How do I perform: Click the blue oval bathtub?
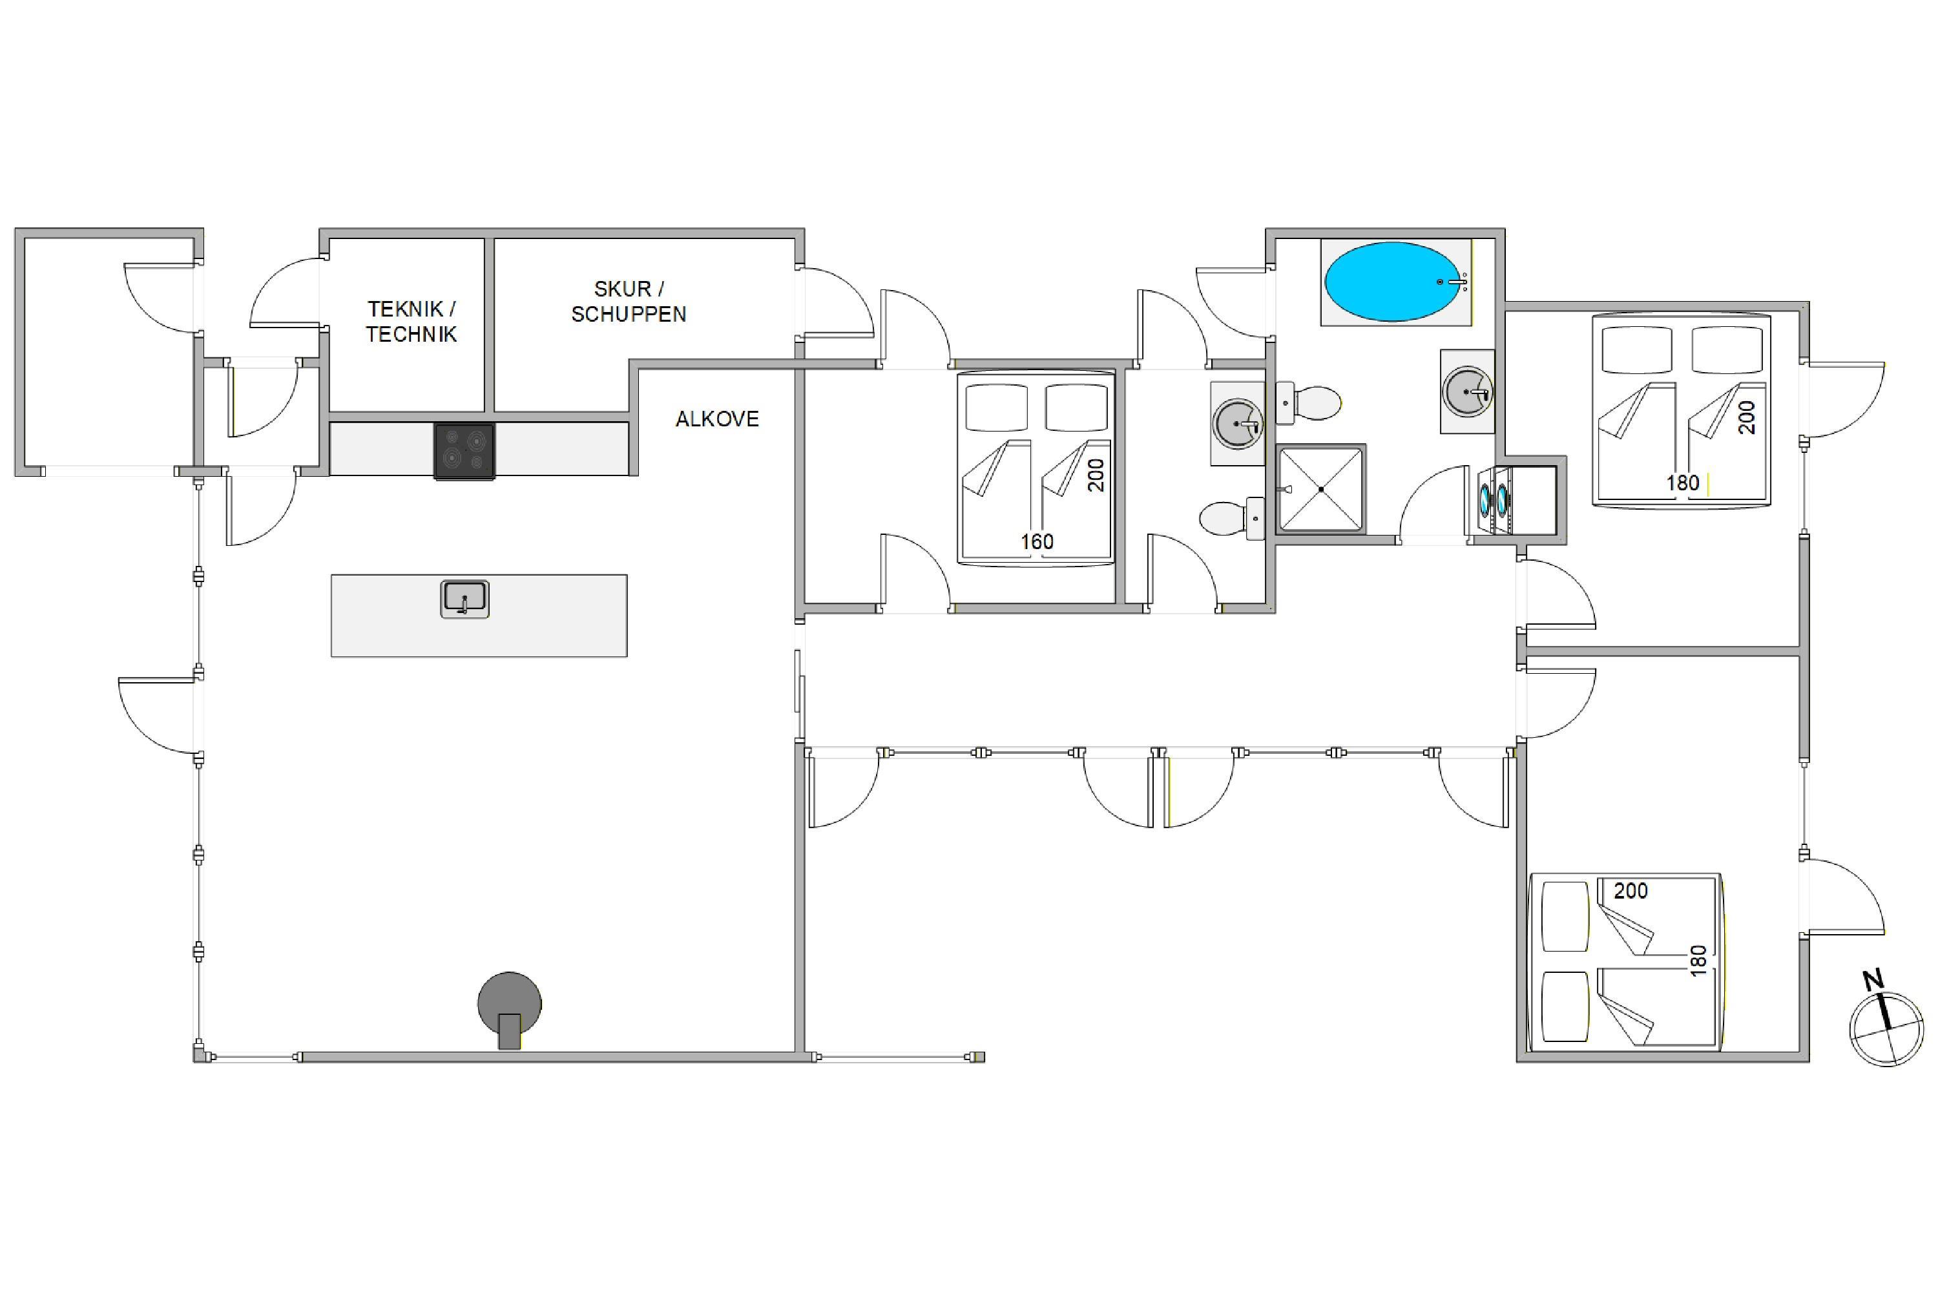(x=1393, y=282)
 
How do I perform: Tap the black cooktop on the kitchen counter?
(x=464, y=451)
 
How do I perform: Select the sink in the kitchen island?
(x=464, y=599)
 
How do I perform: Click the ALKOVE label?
(x=717, y=419)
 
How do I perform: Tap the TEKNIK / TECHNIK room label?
(x=411, y=321)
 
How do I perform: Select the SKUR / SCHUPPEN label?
(x=629, y=302)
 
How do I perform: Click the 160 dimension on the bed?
(x=1037, y=542)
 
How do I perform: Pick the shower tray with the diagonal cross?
(x=1321, y=490)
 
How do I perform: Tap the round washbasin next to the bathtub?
(x=1468, y=391)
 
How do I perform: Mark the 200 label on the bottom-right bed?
(x=1631, y=891)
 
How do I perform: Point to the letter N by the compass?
(x=1873, y=981)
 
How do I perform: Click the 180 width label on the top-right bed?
(x=1683, y=483)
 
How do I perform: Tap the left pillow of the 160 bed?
(x=996, y=407)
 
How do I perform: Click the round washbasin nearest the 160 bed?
(x=1238, y=424)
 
